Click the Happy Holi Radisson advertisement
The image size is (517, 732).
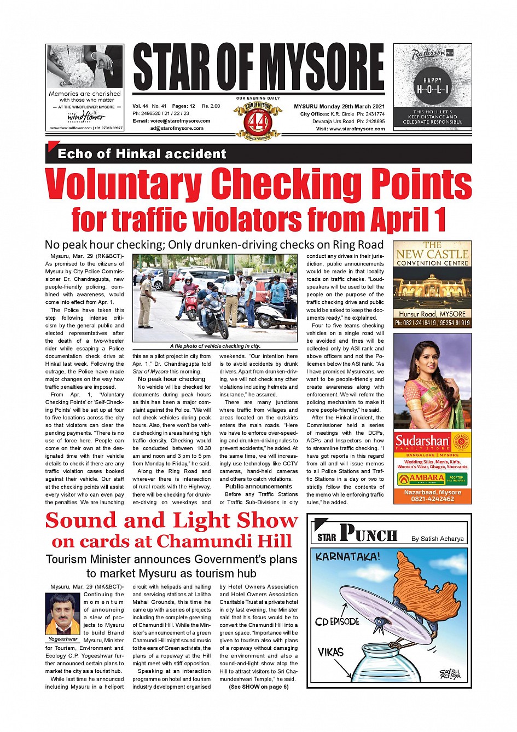[x=432, y=88]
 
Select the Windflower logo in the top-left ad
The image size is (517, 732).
[x=86, y=117]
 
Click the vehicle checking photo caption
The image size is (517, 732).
[x=215, y=346]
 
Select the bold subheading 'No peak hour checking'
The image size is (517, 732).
[x=172, y=379]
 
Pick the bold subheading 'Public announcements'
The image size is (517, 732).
[x=259, y=486]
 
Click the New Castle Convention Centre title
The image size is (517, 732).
[x=432, y=254]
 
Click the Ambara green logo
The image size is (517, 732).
[x=420, y=479]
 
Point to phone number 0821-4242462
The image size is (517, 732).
[x=432, y=499]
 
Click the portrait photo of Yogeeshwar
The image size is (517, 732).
[x=63, y=614]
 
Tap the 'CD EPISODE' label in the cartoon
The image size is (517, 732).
[x=337, y=622]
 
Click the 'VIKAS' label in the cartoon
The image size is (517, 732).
[x=330, y=652]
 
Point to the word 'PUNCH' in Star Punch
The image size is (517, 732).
[x=368, y=533]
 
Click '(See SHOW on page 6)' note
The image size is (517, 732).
[x=259, y=687]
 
